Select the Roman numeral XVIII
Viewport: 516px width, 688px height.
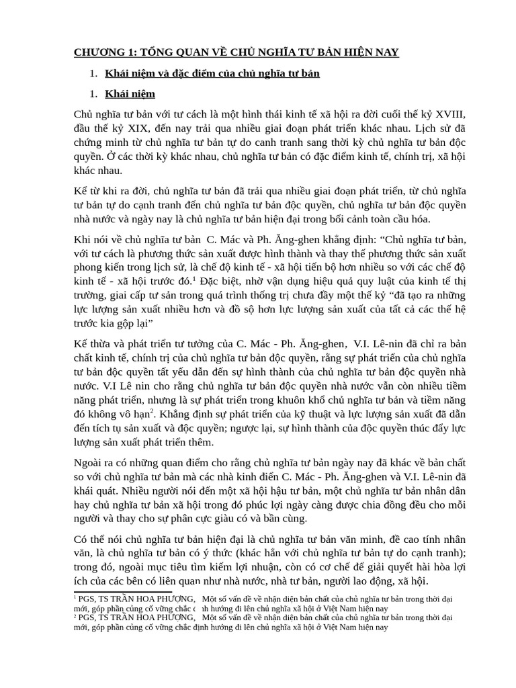[x=447, y=114]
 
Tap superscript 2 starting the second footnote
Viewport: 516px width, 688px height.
[x=75, y=615]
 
